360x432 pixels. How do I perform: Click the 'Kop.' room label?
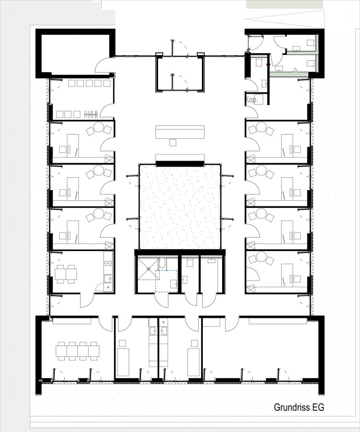pyautogui.click(x=252, y=100)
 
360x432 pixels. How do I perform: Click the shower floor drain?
pyautogui.click(x=149, y=269)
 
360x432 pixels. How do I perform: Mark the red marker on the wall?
pyautogui.click(x=269, y=64)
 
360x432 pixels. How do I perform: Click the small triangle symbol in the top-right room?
pyautogui.click(x=296, y=70)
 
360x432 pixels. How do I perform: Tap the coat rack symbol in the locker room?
pyautogui.click(x=91, y=114)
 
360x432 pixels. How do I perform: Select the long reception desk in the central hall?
pyautogui.click(x=180, y=132)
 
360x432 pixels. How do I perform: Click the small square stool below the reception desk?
pyautogui.click(x=173, y=143)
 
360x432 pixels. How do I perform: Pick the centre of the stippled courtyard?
pyautogui.click(x=180, y=206)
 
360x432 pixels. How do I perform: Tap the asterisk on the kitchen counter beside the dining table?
pyautogui.click(x=108, y=288)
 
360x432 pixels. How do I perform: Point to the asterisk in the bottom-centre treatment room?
pyautogui.click(x=164, y=322)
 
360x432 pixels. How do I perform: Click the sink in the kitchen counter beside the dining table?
pyautogui.click(x=108, y=278)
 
